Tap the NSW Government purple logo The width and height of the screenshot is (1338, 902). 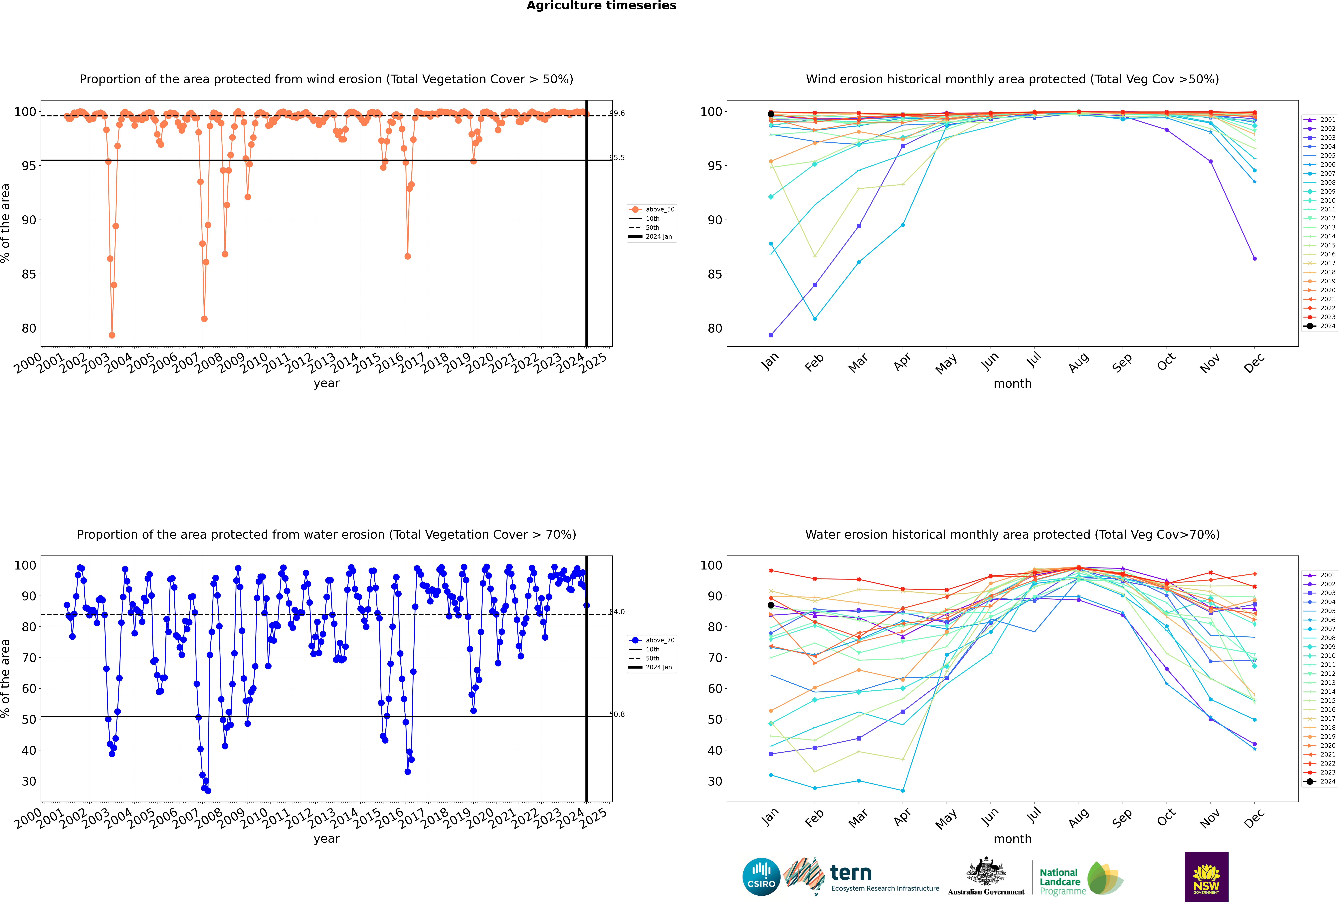click(1206, 876)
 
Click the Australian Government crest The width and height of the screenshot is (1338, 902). click(986, 871)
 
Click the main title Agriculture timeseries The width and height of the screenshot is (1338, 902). click(601, 6)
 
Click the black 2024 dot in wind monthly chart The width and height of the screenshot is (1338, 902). click(771, 114)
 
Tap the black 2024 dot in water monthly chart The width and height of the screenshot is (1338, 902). click(771, 605)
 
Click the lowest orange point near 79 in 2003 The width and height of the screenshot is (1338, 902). click(112, 335)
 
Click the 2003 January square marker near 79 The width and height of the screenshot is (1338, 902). click(771, 335)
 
